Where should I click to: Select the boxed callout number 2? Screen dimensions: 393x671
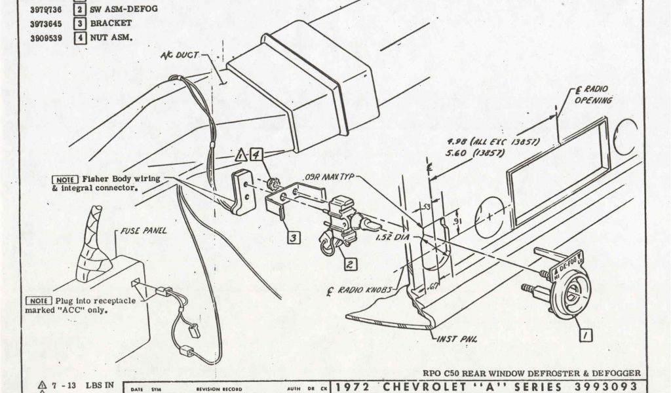(351, 265)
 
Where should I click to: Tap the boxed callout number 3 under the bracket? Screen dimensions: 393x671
(294, 238)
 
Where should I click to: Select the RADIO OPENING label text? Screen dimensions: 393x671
(593, 96)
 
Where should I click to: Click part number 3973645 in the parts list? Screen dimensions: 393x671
(46, 24)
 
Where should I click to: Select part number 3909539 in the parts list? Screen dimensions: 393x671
(46, 37)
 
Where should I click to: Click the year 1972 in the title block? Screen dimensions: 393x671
(356, 386)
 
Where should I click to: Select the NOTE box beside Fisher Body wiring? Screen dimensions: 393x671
(66, 179)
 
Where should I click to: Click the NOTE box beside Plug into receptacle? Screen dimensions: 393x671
(38, 301)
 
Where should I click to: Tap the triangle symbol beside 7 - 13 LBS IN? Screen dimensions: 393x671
(43, 385)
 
